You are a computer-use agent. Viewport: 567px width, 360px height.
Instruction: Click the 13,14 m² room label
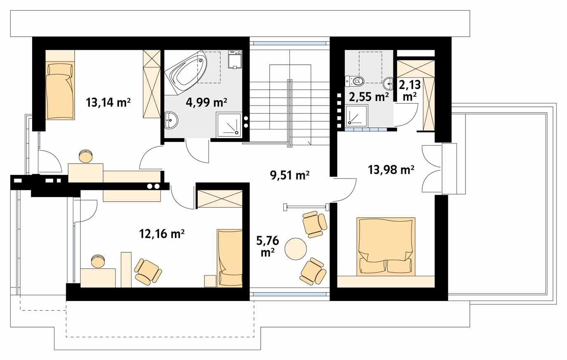tap(108, 103)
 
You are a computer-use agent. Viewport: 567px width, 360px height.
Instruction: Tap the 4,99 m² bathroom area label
tap(206, 102)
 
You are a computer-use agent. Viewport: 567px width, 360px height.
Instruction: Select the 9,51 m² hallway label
tap(289, 175)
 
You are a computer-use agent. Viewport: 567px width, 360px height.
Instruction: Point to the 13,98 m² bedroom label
tap(391, 169)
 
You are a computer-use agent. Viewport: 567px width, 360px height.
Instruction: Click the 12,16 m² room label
tap(162, 234)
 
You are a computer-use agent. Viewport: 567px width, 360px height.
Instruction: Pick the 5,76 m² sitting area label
tap(268, 246)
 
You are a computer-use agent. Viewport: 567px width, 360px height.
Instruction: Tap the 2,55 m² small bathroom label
tap(369, 97)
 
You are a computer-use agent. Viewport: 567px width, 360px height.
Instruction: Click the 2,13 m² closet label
tap(410, 90)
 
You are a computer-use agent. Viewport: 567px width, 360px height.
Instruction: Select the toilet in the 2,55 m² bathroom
tap(354, 81)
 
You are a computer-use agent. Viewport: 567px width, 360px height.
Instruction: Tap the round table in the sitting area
tap(296, 249)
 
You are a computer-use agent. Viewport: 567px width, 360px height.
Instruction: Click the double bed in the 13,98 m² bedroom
tap(386, 246)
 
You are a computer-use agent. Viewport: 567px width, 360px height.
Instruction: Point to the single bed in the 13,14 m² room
tap(60, 91)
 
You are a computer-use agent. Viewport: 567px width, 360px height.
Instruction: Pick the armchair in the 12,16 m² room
tap(148, 271)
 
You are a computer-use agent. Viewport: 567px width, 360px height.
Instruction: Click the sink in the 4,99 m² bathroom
tap(172, 120)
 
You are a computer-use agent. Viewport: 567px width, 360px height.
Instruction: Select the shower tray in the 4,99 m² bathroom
tap(228, 125)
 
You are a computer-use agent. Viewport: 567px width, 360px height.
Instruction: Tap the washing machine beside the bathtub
tap(235, 59)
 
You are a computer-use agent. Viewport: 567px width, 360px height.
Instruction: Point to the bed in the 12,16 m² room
tap(230, 258)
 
